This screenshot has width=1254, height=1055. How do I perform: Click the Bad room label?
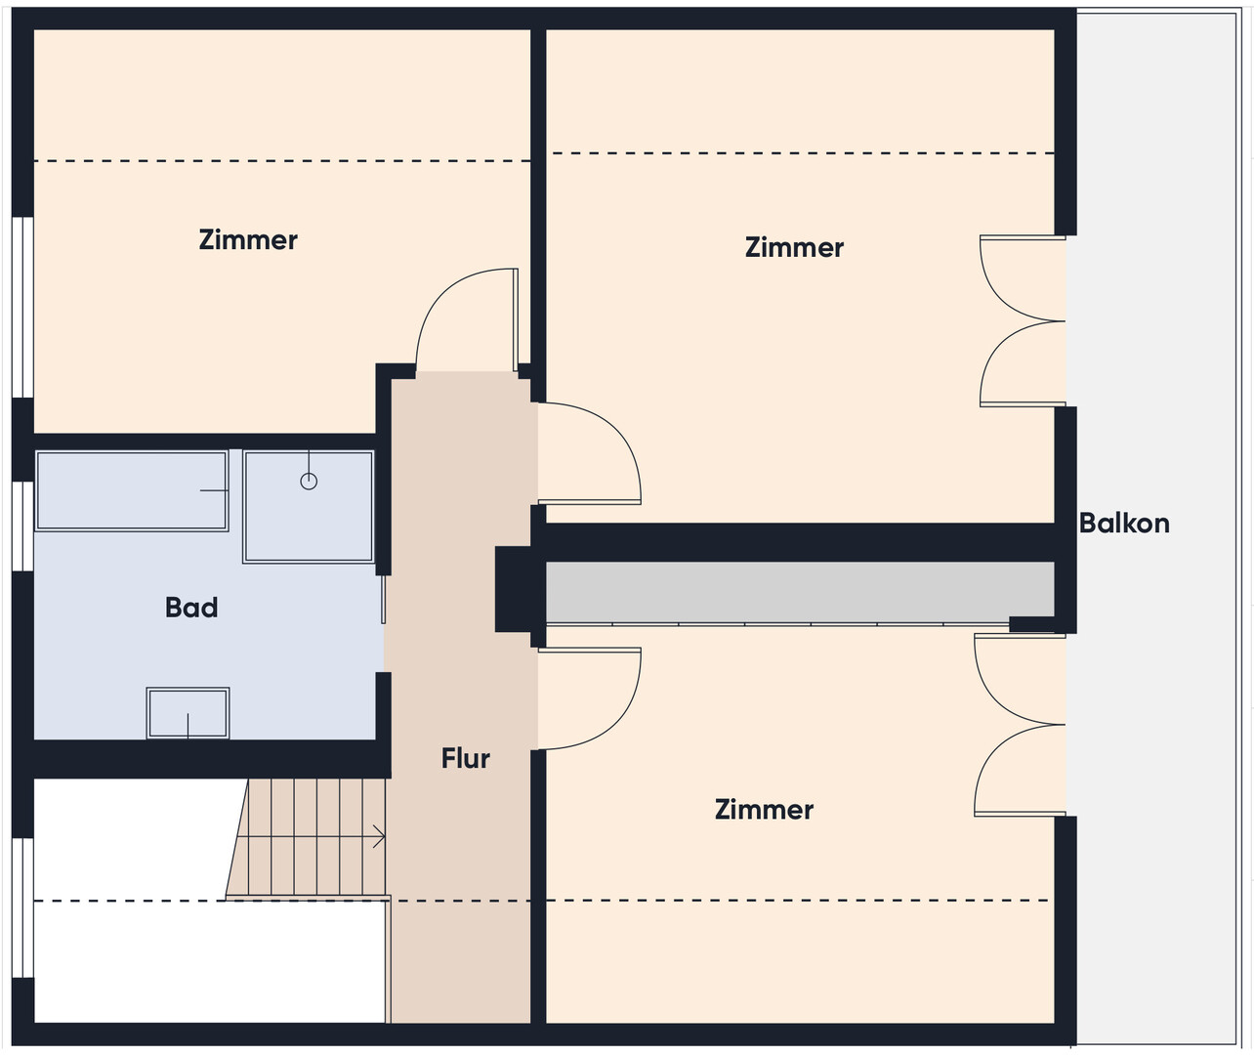(191, 608)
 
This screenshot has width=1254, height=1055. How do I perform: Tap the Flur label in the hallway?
(466, 758)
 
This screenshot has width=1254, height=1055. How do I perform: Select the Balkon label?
(1124, 524)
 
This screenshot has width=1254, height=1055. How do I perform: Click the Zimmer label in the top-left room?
(248, 239)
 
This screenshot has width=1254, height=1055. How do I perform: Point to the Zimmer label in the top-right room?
(794, 247)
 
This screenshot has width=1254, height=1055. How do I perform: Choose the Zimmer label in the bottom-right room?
(764, 809)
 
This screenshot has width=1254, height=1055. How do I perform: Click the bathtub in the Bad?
(132, 490)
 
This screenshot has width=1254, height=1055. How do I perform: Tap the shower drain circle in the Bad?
(309, 482)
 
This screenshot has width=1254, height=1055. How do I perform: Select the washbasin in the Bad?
(188, 713)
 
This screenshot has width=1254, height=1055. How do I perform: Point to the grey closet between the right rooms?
(799, 592)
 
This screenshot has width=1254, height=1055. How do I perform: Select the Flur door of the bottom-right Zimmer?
(626, 715)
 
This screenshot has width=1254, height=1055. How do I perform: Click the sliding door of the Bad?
(383, 600)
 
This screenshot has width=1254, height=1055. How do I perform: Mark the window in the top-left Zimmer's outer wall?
(22, 307)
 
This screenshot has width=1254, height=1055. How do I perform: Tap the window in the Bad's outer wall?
(22, 526)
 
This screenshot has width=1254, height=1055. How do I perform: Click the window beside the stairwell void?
(22, 907)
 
